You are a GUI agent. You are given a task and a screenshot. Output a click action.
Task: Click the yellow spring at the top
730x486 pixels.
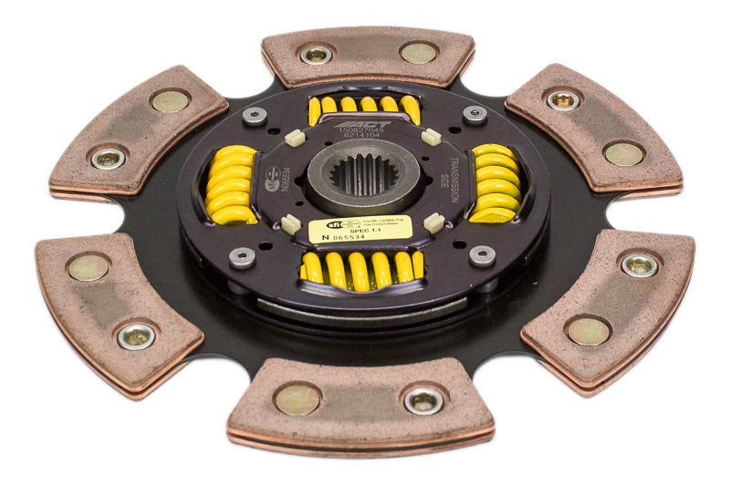pos(364,107)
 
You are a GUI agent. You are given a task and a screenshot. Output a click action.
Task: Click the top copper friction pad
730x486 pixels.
pos(368,55)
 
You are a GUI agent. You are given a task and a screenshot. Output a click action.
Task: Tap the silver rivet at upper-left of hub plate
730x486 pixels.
pos(254,116)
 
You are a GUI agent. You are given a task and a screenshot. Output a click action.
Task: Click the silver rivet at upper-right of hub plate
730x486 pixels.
pos(474,114)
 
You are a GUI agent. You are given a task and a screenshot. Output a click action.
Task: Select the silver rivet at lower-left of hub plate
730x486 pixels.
pos(242,256)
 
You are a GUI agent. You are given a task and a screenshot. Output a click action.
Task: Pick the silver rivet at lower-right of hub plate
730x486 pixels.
pos(483,256)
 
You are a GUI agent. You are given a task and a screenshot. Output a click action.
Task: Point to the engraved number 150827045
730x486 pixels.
pos(362,133)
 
